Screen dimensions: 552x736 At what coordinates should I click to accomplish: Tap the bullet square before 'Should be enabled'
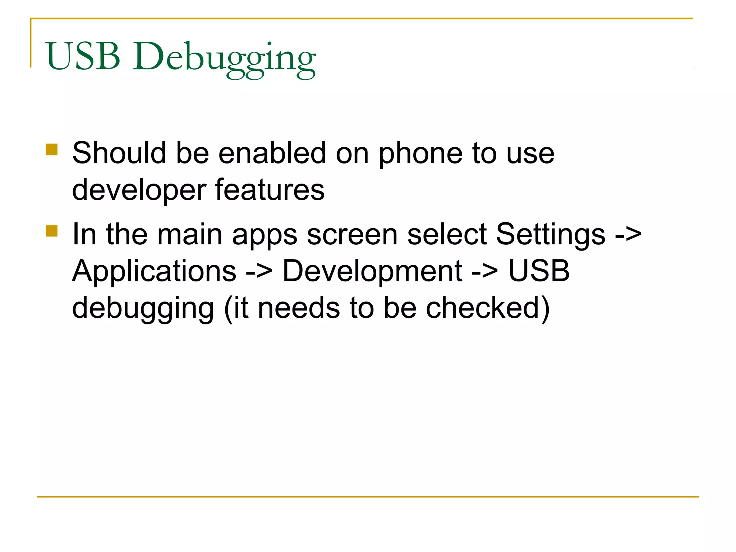52,149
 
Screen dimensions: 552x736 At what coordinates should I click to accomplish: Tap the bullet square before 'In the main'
52,231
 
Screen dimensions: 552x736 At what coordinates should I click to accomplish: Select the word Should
119,153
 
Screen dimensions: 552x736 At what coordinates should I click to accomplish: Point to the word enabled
272,153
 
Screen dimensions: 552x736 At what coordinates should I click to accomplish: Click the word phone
420,155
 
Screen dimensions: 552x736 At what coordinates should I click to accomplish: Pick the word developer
139,190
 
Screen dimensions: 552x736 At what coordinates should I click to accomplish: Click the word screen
352,234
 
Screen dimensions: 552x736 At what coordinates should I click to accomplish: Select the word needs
299,308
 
